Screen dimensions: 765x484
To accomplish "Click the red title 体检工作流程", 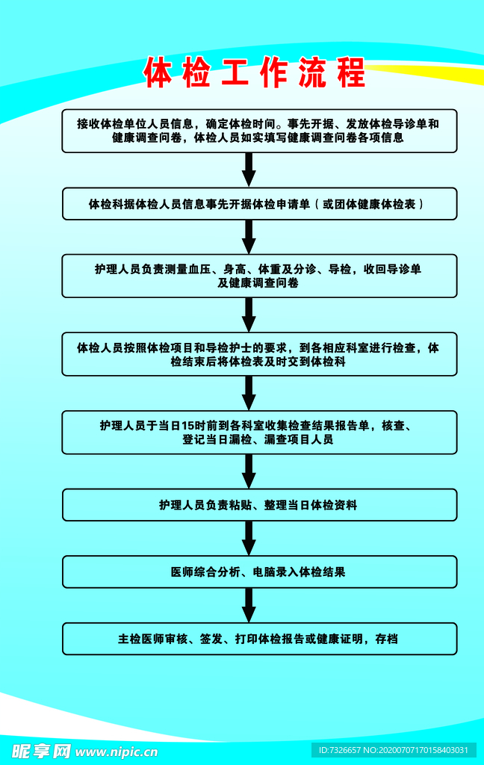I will pyautogui.click(x=255, y=72).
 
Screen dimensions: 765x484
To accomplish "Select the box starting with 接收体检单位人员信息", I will pyautogui.click(x=259, y=131).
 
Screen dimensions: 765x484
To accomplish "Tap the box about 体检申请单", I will pyautogui.click(x=259, y=203).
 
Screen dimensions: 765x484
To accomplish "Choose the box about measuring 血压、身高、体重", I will pyautogui.click(x=259, y=276).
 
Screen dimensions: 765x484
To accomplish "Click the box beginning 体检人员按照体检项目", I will pyautogui.click(x=259, y=354).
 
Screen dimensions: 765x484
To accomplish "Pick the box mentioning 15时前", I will pyautogui.click(x=259, y=433).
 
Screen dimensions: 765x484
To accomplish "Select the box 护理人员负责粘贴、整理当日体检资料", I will pyautogui.click(x=259, y=505).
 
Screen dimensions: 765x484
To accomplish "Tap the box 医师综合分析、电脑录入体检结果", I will pyautogui.click(x=259, y=572).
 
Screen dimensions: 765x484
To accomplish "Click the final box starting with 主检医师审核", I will pyautogui.click(x=259, y=639).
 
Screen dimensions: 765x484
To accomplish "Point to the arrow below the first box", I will pyautogui.click(x=249, y=170).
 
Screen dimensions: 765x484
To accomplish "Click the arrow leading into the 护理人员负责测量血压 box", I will pyautogui.click(x=249, y=237).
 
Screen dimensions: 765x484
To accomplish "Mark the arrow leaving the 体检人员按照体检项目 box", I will pyautogui.click(x=249, y=393).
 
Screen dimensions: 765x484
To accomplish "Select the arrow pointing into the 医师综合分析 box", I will pyautogui.click(x=249, y=538).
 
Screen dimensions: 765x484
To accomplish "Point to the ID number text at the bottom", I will pyautogui.click(x=394, y=750).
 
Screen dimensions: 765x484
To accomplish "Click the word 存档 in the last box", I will pyautogui.click(x=386, y=639).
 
